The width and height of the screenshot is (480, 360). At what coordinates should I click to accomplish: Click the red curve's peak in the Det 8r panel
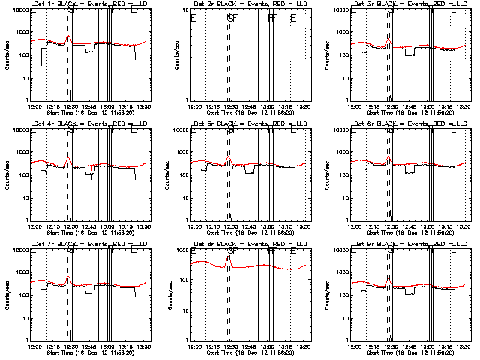pos(228,256)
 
